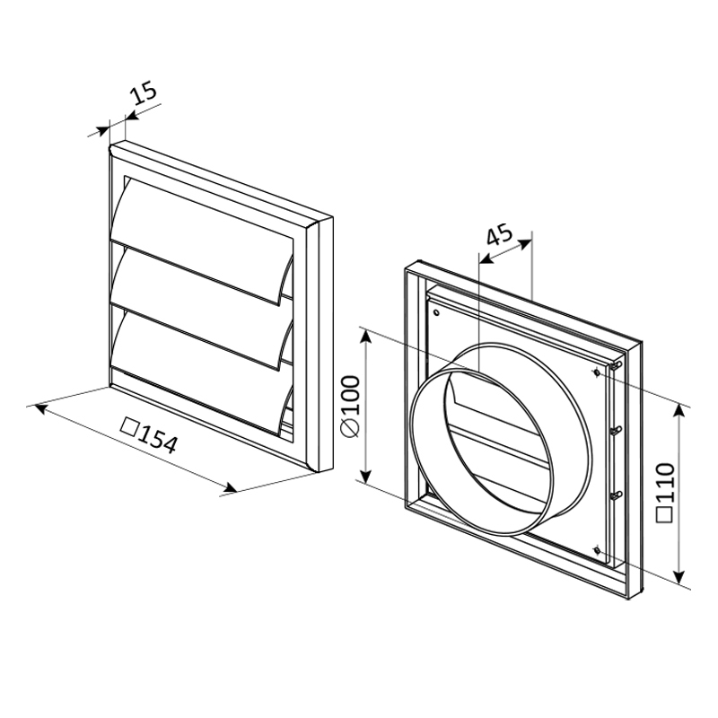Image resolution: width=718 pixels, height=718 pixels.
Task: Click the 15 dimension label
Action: [144, 93]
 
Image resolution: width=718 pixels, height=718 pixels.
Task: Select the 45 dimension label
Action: [499, 235]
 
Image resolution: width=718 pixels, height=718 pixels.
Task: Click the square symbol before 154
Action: [129, 427]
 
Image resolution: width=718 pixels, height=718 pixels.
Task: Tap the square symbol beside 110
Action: [664, 514]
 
